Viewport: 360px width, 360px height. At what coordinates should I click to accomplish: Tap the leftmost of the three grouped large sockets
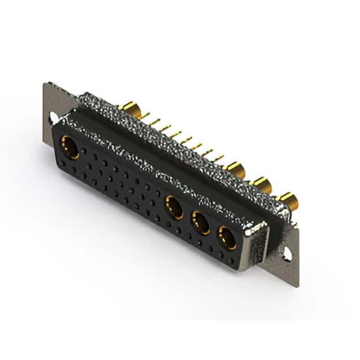tap(174, 207)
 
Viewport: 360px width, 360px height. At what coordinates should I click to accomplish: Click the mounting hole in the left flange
tap(53, 118)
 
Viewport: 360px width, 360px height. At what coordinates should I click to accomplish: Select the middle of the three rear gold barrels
tap(262, 183)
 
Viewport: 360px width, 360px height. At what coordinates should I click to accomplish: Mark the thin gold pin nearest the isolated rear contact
tap(145, 116)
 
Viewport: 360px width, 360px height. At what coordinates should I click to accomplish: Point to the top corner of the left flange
tap(45, 84)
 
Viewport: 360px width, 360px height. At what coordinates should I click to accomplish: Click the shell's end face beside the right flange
tap(260, 247)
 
